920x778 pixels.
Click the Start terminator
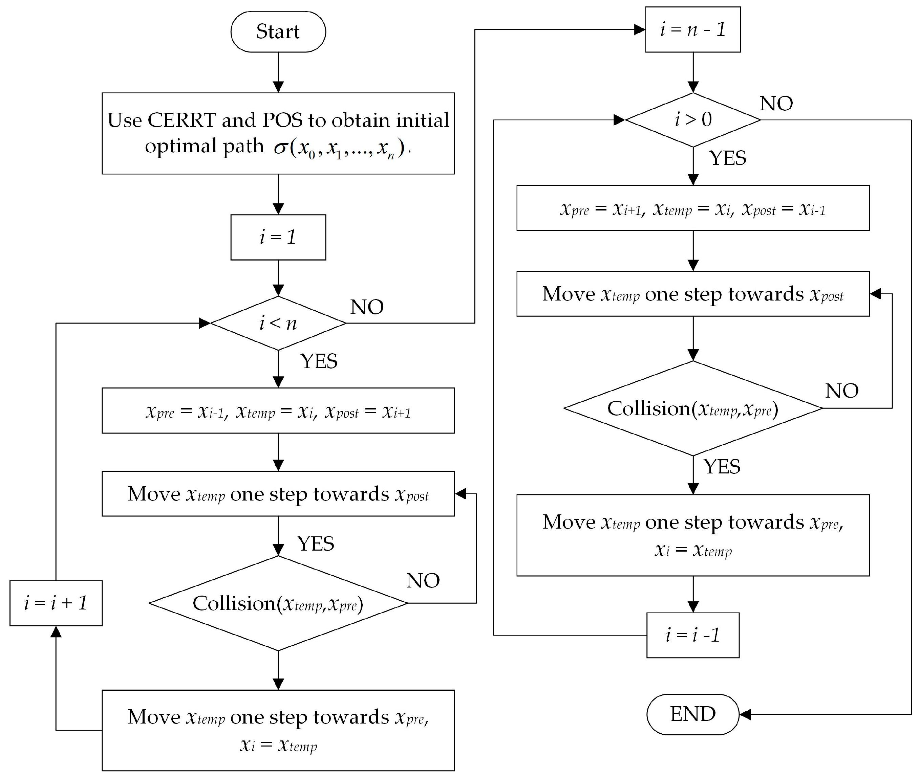[x=278, y=32]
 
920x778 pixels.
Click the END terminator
[x=692, y=714]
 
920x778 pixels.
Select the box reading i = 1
[x=278, y=237]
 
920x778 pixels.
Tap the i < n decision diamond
[x=278, y=323]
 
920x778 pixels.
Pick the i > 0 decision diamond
[x=693, y=119]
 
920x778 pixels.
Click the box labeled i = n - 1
[x=693, y=29]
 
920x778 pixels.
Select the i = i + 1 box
[x=56, y=603]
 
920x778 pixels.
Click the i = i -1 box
[x=693, y=635]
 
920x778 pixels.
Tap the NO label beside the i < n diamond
[x=367, y=307]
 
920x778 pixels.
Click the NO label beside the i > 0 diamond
[x=776, y=104]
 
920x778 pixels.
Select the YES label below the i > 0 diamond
[x=728, y=158]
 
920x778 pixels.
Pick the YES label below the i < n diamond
[x=319, y=361]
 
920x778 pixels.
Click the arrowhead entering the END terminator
[x=745, y=714]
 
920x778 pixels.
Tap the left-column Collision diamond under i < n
[x=278, y=603]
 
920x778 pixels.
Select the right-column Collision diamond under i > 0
[x=693, y=408]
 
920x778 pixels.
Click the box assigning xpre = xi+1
[x=693, y=208]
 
